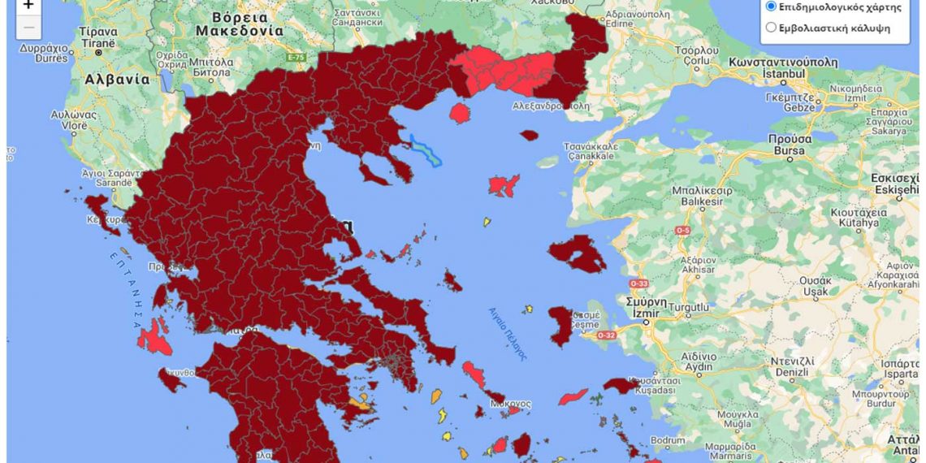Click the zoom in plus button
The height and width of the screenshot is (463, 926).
(x=28, y=6)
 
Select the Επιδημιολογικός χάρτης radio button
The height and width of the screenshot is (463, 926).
(x=771, y=6)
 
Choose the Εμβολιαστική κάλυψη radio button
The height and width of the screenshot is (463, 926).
(x=771, y=28)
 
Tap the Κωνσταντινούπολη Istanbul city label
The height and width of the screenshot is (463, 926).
(x=782, y=67)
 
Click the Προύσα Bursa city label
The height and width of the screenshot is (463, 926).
(x=787, y=145)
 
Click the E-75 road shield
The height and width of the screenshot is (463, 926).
(x=296, y=57)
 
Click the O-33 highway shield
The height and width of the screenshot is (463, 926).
(x=638, y=283)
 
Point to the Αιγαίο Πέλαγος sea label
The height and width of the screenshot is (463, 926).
(x=508, y=333)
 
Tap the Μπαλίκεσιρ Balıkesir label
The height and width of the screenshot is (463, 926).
(x=702, y=196)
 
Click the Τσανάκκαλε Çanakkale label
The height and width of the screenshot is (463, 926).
(x=591, y=151)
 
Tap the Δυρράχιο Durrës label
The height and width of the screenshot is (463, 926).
(x=45, y=53)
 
